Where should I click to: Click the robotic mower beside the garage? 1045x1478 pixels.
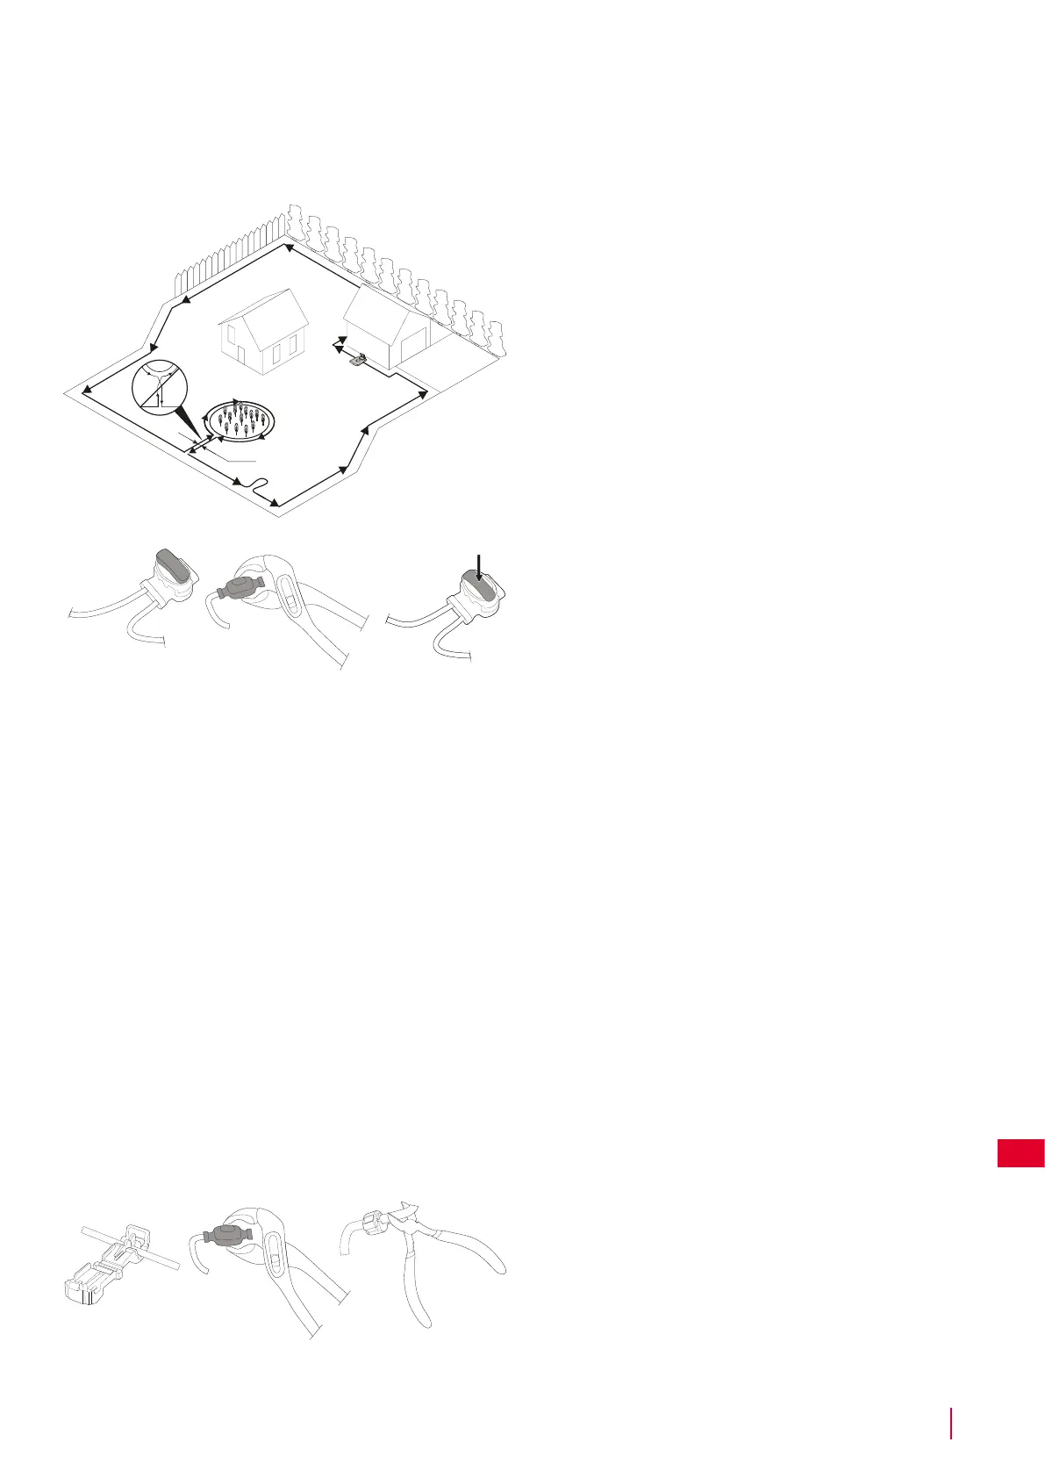[356, 358]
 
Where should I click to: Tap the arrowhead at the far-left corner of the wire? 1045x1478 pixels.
[85, 390]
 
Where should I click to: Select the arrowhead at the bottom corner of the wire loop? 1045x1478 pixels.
[276, 503]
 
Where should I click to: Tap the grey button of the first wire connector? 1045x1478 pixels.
[170, 566]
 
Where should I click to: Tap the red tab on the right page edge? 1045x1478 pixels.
[1020, 1152]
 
